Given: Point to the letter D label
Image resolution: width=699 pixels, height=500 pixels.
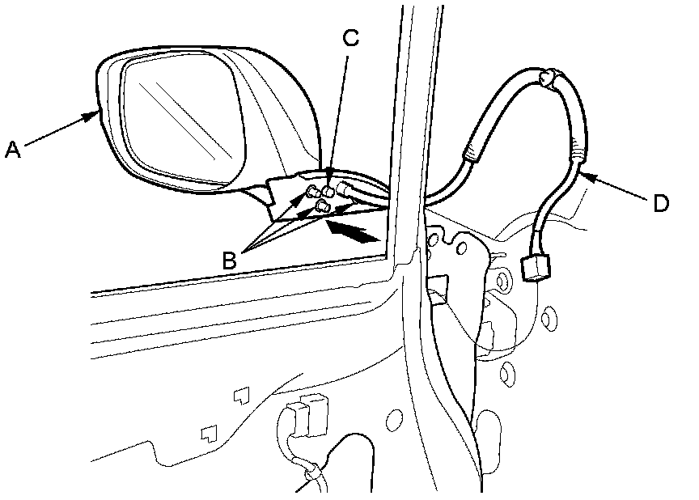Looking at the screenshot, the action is pyautogui.click(x=660, y=204).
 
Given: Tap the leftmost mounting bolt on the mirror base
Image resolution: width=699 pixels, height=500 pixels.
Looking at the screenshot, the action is pyautogui.click(x=311, y=193).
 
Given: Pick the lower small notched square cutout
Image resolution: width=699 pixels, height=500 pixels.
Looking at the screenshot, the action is pyautogui.click(x=209, y=432).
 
